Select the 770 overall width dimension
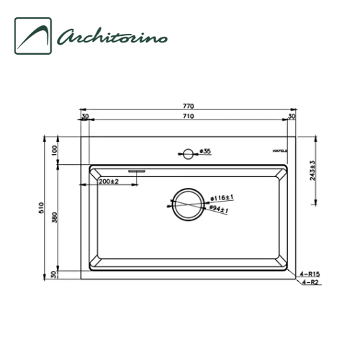(x=188, y=106)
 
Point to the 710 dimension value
(x=188, y=115)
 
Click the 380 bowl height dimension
(x=54, y=219)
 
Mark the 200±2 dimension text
(x=108, y=182)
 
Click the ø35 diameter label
(x=204, y=152)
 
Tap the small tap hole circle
(x=188, y=153)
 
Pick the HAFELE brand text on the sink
(x=280, y=153)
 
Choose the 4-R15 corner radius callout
(x=310, y=274)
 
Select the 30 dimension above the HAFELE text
(x=292, y=115)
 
